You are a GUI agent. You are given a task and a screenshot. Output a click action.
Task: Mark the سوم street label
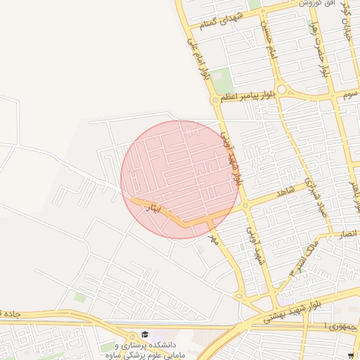tap(349, 94)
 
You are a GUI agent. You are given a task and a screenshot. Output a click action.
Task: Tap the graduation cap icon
tap(144, 335)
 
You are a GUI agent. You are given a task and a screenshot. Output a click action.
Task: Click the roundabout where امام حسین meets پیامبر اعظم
tap(281, 90)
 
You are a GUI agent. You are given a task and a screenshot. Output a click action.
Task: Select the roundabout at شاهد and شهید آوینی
tap(245, 205)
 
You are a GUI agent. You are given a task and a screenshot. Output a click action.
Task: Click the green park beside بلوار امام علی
tap(221, 81)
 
